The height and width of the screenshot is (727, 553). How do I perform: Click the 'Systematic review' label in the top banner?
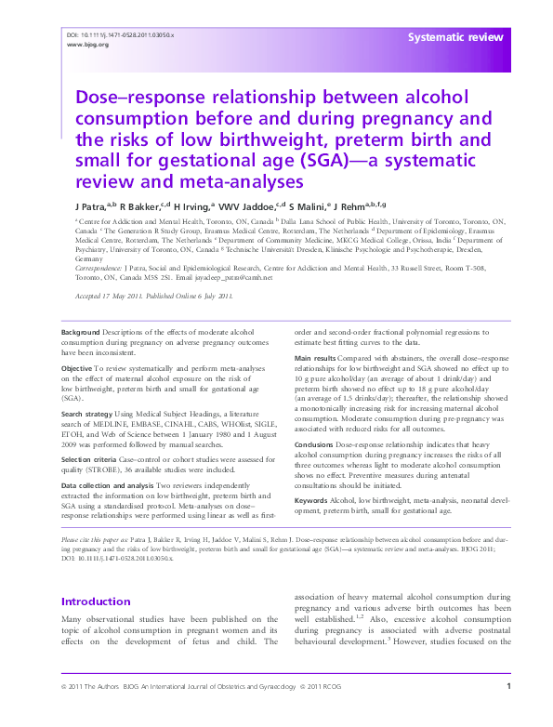click(x=455, y=37)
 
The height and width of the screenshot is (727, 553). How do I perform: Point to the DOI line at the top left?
click(x=121, y=34)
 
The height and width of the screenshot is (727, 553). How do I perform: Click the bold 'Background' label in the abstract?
click(x=80, y=332)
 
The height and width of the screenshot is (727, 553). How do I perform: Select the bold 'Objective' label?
click(x=78, y=367)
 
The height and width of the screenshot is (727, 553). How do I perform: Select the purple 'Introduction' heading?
click(x=96, y=601)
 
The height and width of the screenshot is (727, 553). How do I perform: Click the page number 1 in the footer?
click(x=508, y=711)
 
